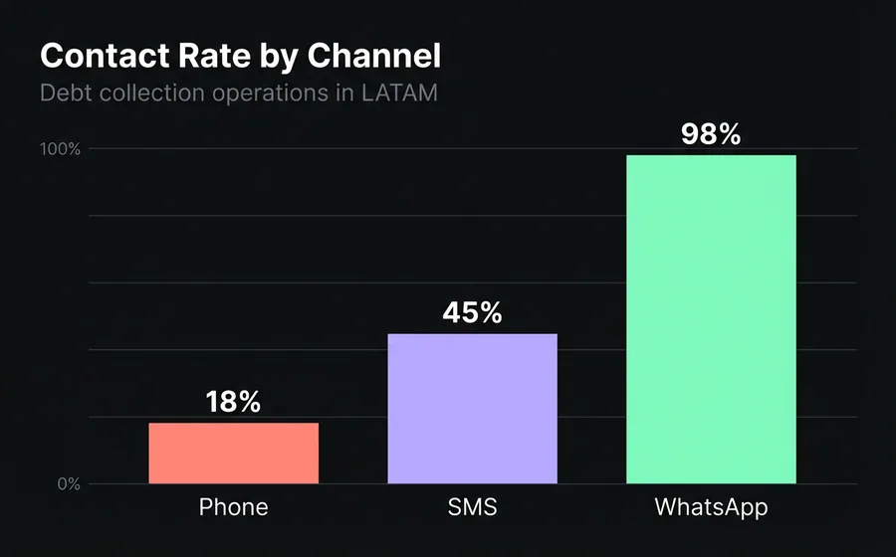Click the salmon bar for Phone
click(234, 454)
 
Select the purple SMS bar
click(472, 409)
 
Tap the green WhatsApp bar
click(711, 319)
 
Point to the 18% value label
click(234, 402)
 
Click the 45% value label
click(472, 312)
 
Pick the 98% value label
click(711, 134)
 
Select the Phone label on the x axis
click(234, 507)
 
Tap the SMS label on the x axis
click(472, 507)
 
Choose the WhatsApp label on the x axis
click(711, 507)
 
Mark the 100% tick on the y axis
click(61, 149)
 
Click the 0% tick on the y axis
click(67, 484)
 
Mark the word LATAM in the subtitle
click(399, 94)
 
